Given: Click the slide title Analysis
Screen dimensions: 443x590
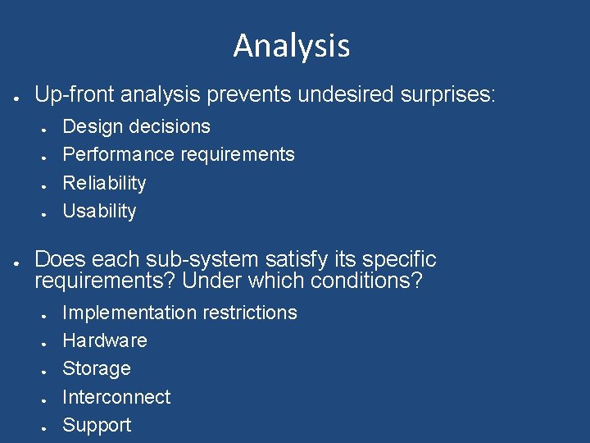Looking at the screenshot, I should click(291, 45).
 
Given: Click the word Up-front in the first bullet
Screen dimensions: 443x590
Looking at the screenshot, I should click(75, 94).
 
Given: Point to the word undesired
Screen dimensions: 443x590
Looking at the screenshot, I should click(345, 94).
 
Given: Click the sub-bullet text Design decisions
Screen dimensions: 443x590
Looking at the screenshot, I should click(136, 126).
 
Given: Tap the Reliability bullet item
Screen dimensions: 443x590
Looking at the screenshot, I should click(104, 183).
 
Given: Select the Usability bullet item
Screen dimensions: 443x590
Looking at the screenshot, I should click(99, 211).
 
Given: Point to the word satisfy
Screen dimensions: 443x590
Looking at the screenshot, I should click(293, 260).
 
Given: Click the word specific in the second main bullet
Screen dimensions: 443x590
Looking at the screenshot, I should click(398, 260).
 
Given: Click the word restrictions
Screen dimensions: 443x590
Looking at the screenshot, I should click(250, 313).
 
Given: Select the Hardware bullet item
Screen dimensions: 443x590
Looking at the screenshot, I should click(105, 340).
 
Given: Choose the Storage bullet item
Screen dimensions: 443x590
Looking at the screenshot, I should click(97, 368).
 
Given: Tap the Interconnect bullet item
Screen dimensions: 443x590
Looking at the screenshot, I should click(116, 397).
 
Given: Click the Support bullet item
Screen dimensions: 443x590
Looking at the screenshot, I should click(97, 425).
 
